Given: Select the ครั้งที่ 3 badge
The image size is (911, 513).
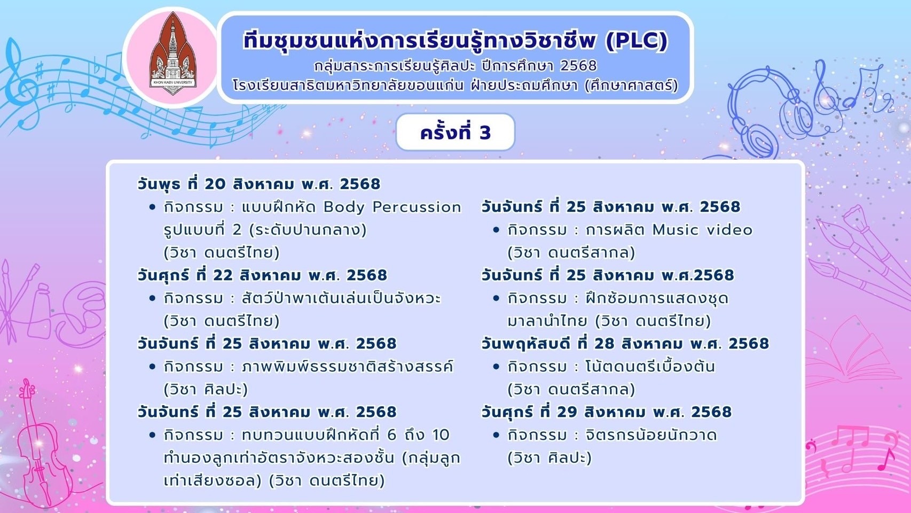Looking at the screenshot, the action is point(455,132).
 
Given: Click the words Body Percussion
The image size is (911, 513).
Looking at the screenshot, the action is point(392,207).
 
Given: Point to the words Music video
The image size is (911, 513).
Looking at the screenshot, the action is point(702,230).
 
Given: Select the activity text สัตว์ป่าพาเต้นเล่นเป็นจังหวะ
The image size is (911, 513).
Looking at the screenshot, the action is point(341,298).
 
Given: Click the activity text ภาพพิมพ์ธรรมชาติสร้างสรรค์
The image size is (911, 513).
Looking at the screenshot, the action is point(347,367).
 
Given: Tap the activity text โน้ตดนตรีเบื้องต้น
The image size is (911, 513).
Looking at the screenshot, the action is point(650,367).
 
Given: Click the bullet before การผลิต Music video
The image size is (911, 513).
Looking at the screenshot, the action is point(496,230).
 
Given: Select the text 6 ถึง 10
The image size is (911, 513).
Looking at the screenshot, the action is point(418,435).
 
